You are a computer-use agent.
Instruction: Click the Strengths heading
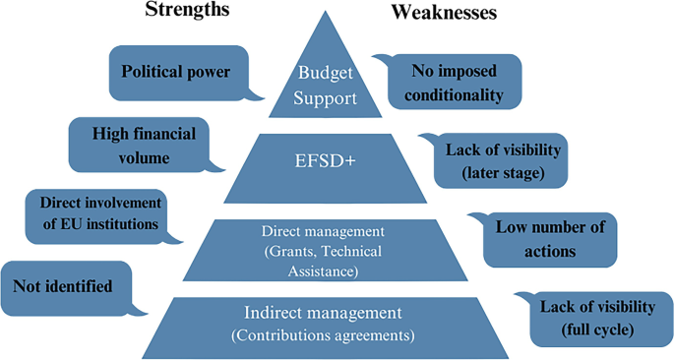(x=187, y=11)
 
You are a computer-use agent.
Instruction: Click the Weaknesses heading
(x=444, y=12)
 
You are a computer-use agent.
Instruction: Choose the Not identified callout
(x=62, y=286)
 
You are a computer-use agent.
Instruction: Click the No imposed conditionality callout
(x=453, y=82)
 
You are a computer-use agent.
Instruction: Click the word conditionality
(x=453, y=95)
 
